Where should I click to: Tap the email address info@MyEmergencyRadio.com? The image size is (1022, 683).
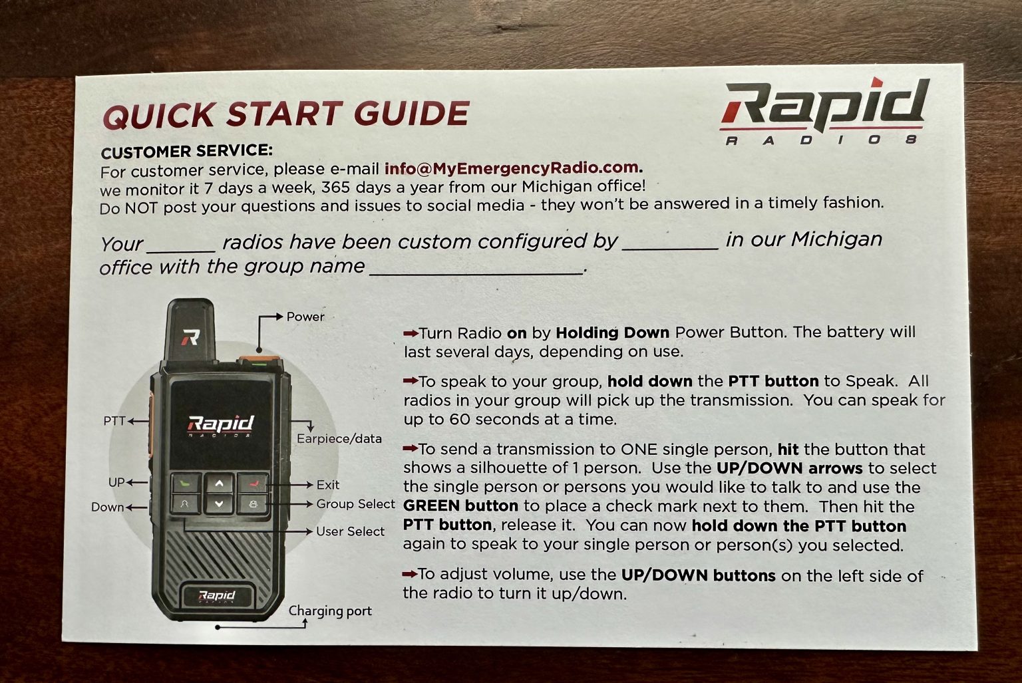[x=512, y=168]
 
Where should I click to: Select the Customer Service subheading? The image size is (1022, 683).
[x=186, y=151]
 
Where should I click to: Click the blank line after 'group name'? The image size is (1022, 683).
[x=476, y=269]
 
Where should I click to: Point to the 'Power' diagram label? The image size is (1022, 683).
[x=305, y=317]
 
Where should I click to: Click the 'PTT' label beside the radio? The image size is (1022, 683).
[x=114, y=421]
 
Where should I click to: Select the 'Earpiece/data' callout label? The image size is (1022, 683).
[x=339, y=438]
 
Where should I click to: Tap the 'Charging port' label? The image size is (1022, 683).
[x=330, y=611]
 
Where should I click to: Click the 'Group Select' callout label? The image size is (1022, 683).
[x=355, y=504]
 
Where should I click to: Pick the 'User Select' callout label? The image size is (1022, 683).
[x=350, y=531]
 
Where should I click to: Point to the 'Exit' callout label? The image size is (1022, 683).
[x=328, y=485]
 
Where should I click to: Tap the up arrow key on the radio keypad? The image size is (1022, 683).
[x=219, y=483]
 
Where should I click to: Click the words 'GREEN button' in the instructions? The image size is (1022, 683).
[x=460, y=505]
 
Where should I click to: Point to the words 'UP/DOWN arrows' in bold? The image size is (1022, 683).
[x=789, y=468]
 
